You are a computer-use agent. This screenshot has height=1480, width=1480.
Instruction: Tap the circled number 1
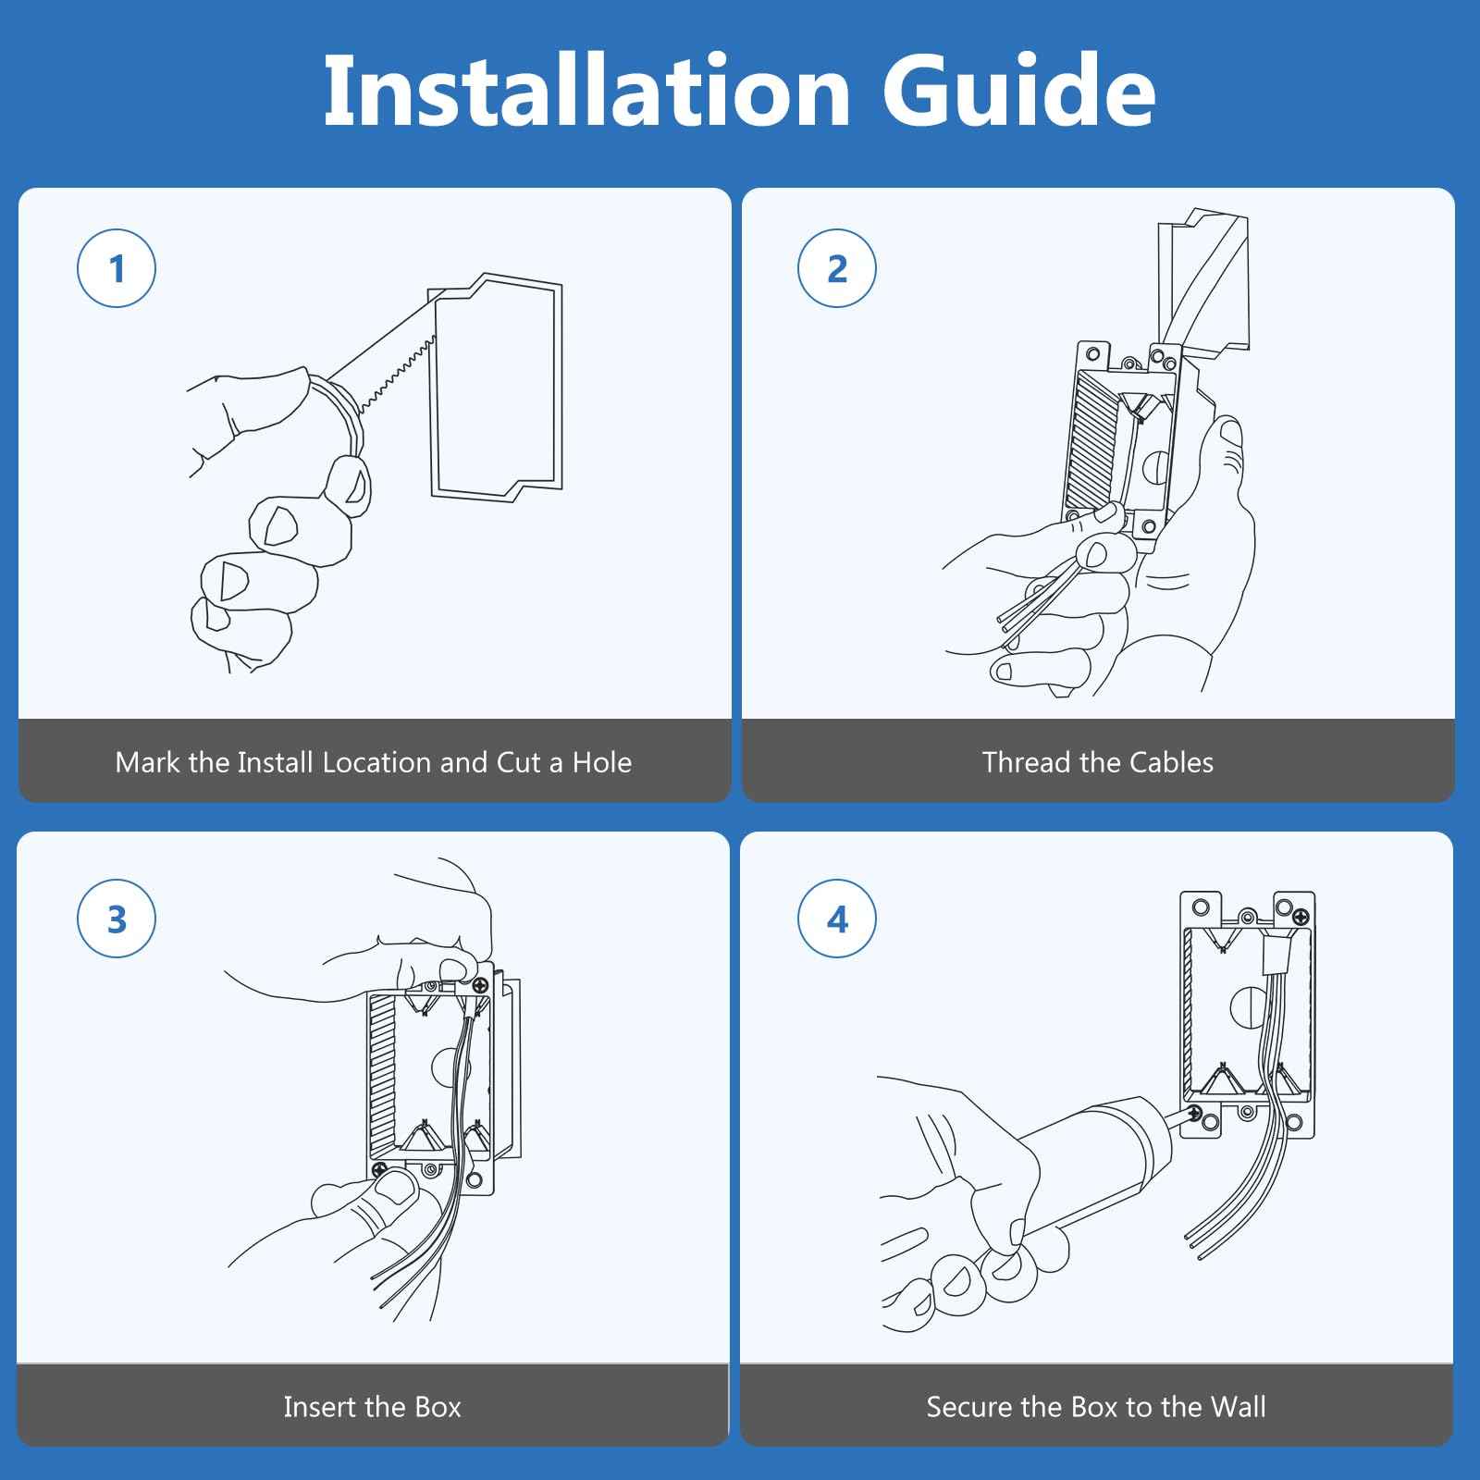click(x=117, y=269)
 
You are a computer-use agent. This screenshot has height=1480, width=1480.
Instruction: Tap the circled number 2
click(x=837, y=269)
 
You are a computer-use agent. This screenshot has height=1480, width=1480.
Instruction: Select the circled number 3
click(x=117, y=919)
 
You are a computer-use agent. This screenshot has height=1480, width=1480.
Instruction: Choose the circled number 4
click(x=837, y=919)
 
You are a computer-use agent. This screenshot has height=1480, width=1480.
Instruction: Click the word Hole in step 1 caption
click(x=601, y=762)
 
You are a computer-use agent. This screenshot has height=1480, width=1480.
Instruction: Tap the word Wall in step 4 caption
click(x=1237, y=1407)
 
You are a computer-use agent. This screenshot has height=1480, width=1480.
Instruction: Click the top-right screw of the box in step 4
click(x=1301, y=917)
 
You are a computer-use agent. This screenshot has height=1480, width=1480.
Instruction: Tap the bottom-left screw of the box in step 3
click(x=380, y=1170)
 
